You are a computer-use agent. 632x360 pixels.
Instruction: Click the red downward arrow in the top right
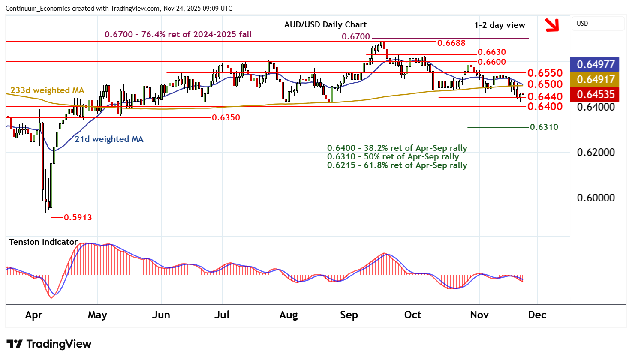coord(552,25)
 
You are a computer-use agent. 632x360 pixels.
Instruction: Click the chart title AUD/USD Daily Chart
coord(325,25)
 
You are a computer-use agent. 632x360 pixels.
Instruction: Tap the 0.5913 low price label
coord(78,217)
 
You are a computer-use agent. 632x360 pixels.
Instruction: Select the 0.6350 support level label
coord(226,117)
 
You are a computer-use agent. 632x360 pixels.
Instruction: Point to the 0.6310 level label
coord(544,127)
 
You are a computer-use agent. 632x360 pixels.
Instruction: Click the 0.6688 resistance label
coord(451,43)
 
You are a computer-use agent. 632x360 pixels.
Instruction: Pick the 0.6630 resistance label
coord(492,52)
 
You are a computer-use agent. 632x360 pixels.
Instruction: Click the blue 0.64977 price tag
coord(596,65)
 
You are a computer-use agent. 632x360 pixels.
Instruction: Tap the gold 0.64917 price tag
coord(596,80)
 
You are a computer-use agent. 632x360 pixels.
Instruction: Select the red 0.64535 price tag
coord(596,95)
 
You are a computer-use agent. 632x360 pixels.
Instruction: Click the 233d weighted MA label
coord(47,90)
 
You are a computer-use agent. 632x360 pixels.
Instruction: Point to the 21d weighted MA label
coord(109,139)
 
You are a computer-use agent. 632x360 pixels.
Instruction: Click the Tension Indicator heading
coord(43,242)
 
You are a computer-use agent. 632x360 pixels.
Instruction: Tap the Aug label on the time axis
coord(288,315)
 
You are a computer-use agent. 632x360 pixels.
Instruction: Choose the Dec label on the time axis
coord(537,315)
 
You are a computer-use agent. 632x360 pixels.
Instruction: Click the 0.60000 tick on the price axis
coord(596,198)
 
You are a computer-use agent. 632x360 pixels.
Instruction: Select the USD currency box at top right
coord(598,24)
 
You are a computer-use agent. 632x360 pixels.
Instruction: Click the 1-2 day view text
coord(500,25)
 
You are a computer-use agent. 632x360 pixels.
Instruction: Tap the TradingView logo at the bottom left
coord(49,344)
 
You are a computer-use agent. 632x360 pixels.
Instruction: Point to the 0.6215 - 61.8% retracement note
coord(397,165)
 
